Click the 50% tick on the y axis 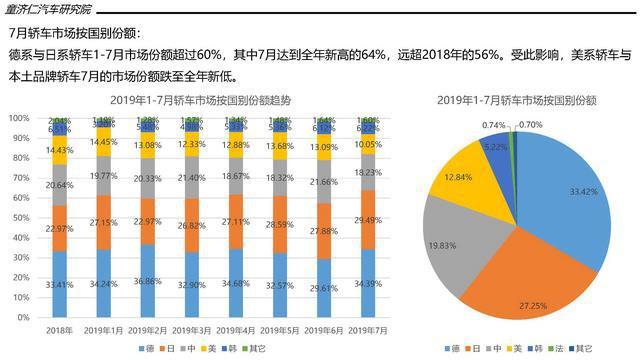pyautogui.click(x=18, y=217)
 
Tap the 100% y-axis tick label pyautogui.click(x=16, y=117)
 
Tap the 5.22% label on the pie pyautogui.click(x=490, y=145)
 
